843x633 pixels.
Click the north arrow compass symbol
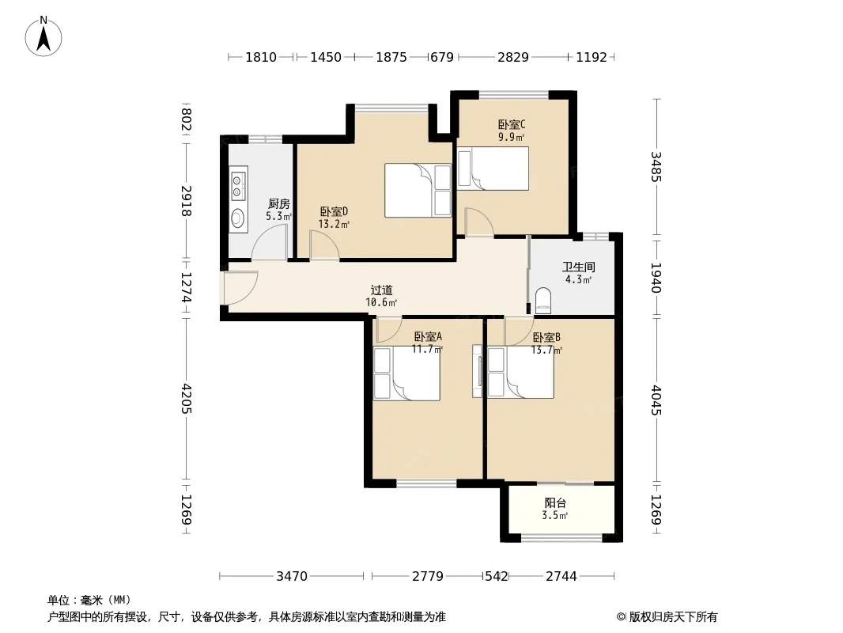click(x=43, y=36)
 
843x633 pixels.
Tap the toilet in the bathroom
click(x=543, y=301)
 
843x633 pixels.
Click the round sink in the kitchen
click(x=237, y=218)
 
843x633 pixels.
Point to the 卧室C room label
click(x=512, y=125)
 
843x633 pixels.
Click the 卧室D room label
click(x=334, y=212)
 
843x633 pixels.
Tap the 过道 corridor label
click(x=382, y=290)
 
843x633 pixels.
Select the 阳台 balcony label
click(x=555, y=503)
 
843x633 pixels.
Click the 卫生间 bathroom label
click(x=579, y=267)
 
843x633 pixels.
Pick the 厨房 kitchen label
click(x=279, y=204)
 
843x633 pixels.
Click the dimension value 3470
click(x=291, y=577)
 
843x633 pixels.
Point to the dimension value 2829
click(x=513, y=57)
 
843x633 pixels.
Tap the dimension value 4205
click(x=186, y=399)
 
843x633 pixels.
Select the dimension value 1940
click(x=656, y=278)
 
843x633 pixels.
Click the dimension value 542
click(x=496, y=577)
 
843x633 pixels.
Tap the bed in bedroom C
click(x=493, y=169)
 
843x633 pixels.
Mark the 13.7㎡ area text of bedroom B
click(x=546, y=350)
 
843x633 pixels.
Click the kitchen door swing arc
click(x=270, y=242)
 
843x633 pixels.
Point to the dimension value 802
click(x=186, y=120)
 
